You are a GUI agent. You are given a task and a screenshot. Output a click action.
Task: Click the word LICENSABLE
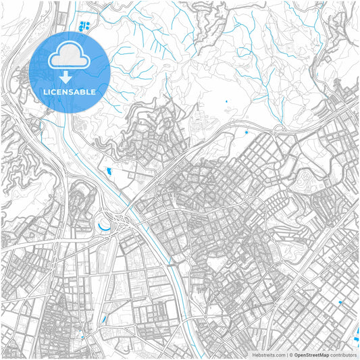[x=70, y=91]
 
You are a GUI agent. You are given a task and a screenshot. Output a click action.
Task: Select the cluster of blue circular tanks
[x=84, y=27]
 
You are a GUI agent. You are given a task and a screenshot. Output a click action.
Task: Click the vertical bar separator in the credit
[x=287, y=354]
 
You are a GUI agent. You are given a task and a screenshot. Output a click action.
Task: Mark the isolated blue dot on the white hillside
[x=226, y=102]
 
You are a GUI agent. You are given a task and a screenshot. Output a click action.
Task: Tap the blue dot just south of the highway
[x=247, y=132]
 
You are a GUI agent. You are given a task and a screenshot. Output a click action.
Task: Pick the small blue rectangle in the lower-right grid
[x=340, y=303]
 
